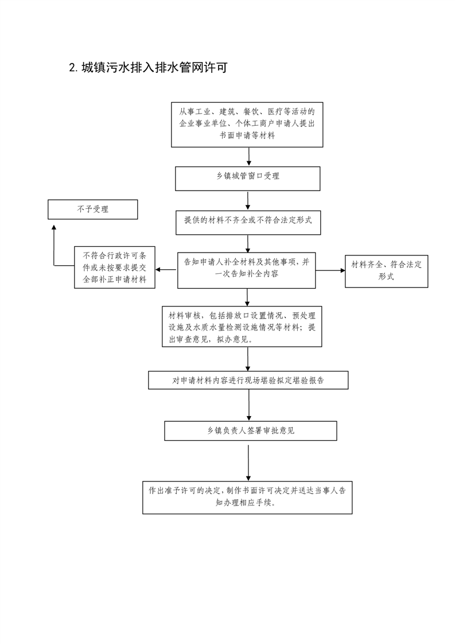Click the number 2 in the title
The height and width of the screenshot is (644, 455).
pyautogui.click(x=73, y=68)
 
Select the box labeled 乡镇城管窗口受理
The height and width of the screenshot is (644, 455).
pyautogui.click(x=248, y=179)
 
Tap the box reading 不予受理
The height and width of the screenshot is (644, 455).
pyautogui.click(x=93, y=210)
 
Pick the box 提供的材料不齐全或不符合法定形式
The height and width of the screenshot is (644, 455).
pyautogui.click(x=248, y=223)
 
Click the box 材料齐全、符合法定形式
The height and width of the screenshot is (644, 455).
pyautogui.click(x=386, y=271)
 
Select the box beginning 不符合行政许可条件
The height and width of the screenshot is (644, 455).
pyautogui.click(x=115, y=267)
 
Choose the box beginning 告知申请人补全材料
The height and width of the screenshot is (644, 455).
pyautogui.click(x=246, y=270)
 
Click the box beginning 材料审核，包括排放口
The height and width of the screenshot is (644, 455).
pyautogui.click(x=242, y=327)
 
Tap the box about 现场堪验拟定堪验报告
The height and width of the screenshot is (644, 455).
pyautogui.click(x=248, y=381)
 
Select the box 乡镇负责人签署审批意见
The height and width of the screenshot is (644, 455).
pyautogui.click(x=251, y=431)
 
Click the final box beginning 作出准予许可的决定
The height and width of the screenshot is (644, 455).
pyautogui.click(x=248, y=498)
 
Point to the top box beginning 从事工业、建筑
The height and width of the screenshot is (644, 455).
pyautogui.click(x=247, y=125)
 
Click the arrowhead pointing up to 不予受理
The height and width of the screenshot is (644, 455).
pyautogui.click(x=54, y=227)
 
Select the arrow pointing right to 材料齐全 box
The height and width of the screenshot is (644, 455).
pyautogui.click(x=330, y=271)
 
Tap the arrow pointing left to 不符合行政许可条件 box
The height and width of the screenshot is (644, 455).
pyautogui.click(x=166, y=270)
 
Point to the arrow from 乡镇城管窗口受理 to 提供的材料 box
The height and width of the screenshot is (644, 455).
pyautogui.click(x=248, y=201)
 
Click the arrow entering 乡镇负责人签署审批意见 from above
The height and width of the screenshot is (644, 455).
pyautogui.click(x=249, y=405)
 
